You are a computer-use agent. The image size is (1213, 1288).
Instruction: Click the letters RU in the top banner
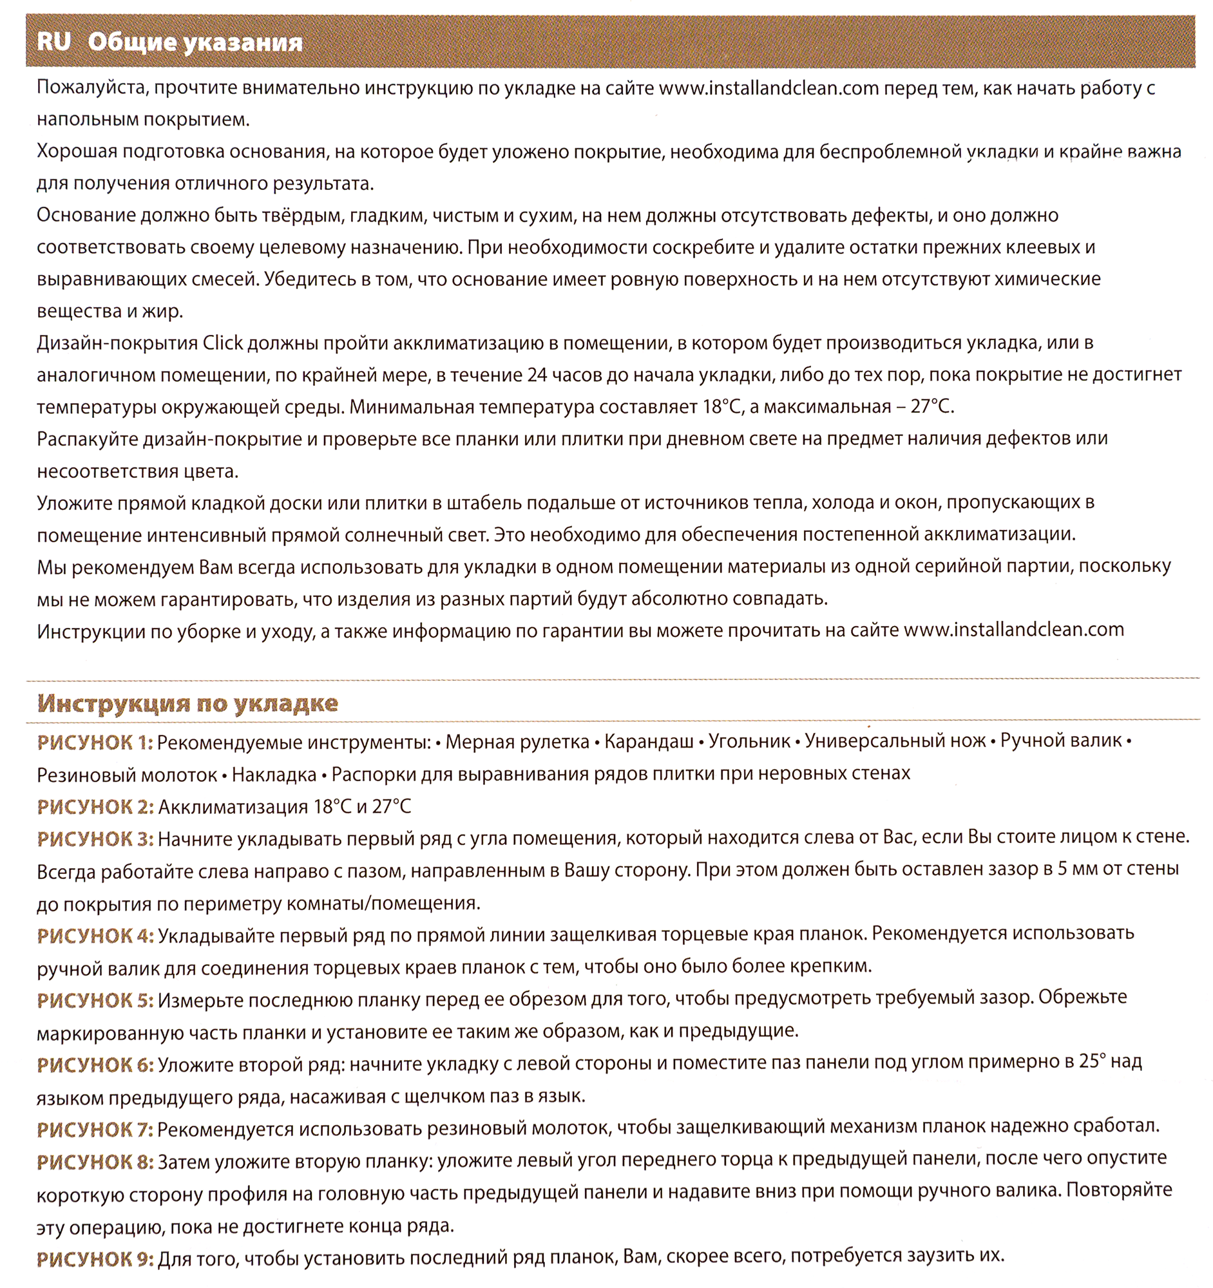click(53, 41)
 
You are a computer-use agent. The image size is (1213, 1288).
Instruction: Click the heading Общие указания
click(195, 43)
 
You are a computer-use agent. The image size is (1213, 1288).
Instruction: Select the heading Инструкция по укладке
click(187, 703)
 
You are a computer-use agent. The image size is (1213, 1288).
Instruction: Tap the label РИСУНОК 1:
click(95, 743)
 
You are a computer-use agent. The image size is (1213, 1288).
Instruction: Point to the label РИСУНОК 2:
click(95, 807)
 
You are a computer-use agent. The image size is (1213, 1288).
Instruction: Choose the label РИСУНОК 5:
click(95, 1000)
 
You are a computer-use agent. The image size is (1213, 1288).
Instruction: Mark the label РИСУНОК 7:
click(95, 1130)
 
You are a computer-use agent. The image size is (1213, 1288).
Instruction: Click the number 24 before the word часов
click(538, 375)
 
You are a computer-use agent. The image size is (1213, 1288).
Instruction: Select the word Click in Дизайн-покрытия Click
click(223, 343)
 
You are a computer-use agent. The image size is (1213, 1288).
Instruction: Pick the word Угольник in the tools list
click(749, 742)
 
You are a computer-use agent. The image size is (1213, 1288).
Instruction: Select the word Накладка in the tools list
click(274, 774)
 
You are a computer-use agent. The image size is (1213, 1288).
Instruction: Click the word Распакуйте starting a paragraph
click(88, 439)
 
